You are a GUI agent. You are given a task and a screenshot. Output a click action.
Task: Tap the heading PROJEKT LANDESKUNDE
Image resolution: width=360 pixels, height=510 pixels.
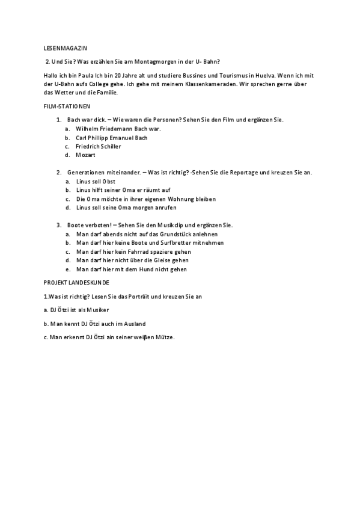pyautogui.click(x=76, y=281)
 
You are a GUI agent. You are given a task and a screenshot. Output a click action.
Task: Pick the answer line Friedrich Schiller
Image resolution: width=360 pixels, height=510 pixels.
pyautogui.click(x=99, y=146)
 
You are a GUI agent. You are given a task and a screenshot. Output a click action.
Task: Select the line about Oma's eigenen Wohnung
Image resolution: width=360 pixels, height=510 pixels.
pyautogui.click(x=146, y=198)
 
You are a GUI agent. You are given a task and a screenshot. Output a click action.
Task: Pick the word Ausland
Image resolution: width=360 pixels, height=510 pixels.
pyautogui.click(x=133, y=324)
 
